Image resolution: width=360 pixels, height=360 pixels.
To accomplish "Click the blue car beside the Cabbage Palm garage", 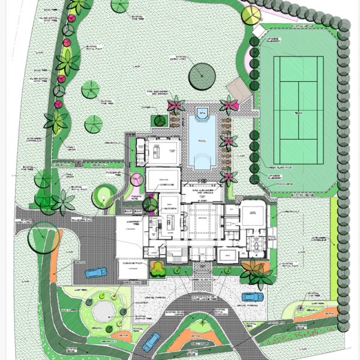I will pos(95,273).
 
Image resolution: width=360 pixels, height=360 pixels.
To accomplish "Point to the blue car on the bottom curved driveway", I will pos(150,340).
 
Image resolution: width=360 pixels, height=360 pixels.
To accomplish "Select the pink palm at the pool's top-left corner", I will pos(175,107).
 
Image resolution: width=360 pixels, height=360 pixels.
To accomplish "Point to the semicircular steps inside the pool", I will pos(202,161).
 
